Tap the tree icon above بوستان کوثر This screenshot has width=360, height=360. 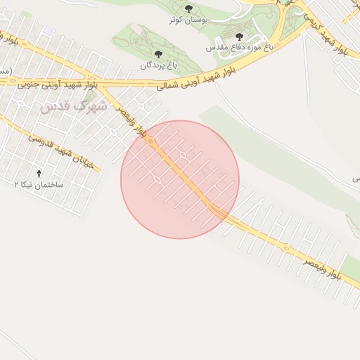point(188,8)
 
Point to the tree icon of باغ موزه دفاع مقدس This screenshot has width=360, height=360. point(239,36)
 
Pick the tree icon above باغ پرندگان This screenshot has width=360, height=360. point(157,53)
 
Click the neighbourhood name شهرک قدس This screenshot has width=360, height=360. point(73,106)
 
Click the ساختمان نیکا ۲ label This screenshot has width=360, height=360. point(39,184)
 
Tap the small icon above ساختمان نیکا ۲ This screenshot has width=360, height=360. point(39,173)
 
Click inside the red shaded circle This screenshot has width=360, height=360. point(180,179)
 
